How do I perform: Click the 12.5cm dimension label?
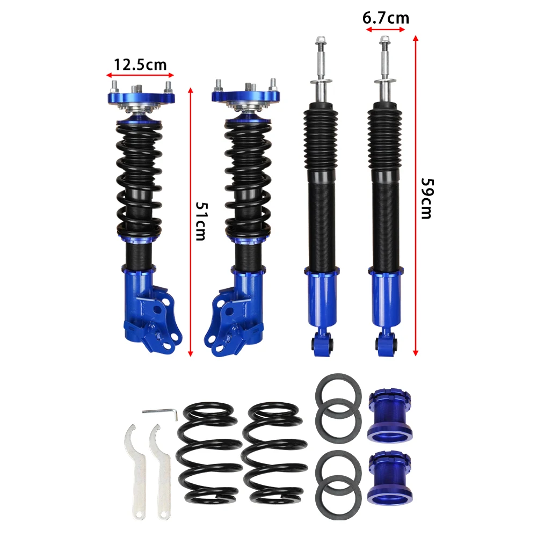(140, 65)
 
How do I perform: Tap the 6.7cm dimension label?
(386, 18)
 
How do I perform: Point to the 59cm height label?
(426, 198)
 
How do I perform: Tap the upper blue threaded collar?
(389, 415)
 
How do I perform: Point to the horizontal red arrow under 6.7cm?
(386, 31)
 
